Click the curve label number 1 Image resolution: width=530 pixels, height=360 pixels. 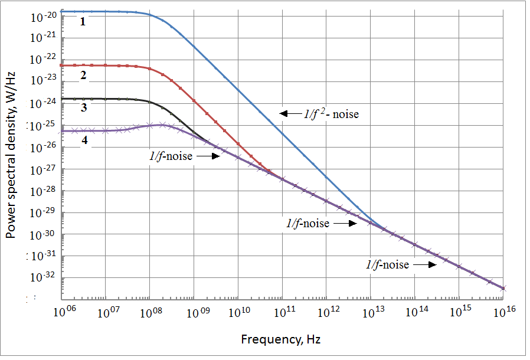coord(83,22)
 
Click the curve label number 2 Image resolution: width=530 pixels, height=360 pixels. coord(84,75)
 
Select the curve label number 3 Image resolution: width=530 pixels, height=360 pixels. coord(84,107)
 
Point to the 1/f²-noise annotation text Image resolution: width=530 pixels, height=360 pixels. coord(331,114)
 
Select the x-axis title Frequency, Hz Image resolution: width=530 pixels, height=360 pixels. coord(281,339)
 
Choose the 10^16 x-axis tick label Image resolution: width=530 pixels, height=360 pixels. coord(503,312)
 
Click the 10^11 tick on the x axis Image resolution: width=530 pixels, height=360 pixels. coord(282,312)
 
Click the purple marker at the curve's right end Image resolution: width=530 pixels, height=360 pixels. coord(503,289)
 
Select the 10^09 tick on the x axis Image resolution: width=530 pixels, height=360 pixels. coord(194,312)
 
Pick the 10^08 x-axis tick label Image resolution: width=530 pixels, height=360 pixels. coord(150,312)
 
